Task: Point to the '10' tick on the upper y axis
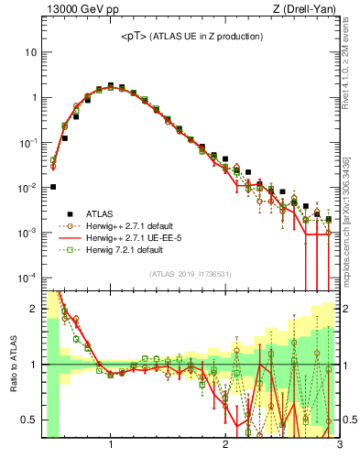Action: pyautogui.click(x=30, y=52)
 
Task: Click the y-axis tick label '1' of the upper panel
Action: pyautogui.click(x=34, y=97)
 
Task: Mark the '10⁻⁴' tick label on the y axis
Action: pyautogui.click(x=27, y=278)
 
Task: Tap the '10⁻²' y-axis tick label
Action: pyautogui.click(x=27, y=188)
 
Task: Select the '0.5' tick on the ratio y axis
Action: pyautogui.click(x=29, y=420)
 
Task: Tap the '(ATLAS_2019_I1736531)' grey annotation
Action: pyautogui.click(x=191, y=274)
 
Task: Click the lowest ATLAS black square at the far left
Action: pyautogui.click(x=53, y=187)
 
